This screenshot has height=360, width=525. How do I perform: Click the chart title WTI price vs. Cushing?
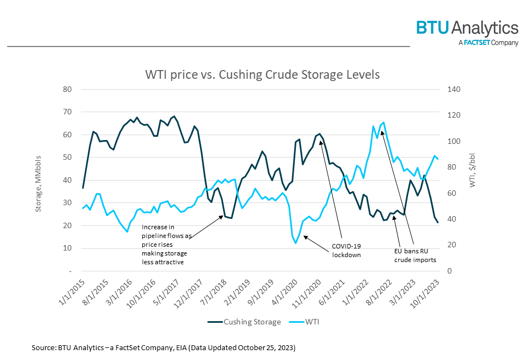(x=262, y=74)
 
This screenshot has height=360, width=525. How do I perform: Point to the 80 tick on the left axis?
(x=67, y=89)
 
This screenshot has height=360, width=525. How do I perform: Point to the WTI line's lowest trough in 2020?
(x=296, y=243)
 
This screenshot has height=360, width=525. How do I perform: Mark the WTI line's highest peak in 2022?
(x=383, y=122)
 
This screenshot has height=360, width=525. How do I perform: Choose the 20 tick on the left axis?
(x=67, y=225)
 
